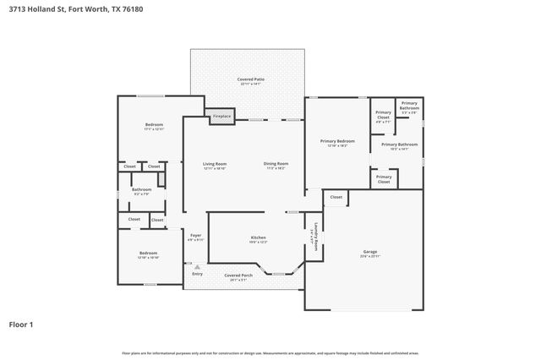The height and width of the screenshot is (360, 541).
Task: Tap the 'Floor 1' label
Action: click(22, 324)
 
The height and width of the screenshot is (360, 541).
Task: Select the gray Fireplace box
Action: click(221, 116)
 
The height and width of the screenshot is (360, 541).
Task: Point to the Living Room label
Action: click(214, 165)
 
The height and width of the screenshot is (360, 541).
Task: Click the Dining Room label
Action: click(276, 165)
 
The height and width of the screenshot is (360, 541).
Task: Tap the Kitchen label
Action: click(258, 239)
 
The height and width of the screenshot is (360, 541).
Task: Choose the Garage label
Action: click(370, 253)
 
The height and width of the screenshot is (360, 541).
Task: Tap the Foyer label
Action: click(195, 237)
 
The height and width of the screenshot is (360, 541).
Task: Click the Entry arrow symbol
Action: click(197, 267)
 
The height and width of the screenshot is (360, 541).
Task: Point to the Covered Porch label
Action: click(238, 276)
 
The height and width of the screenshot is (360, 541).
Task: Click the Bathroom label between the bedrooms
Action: click(141, 191)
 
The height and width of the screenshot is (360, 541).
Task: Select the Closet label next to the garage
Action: click(336, 197)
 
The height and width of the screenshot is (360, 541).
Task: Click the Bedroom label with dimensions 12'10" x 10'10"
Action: click(148, 254)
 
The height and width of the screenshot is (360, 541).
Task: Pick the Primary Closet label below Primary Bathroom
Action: click(383, 179)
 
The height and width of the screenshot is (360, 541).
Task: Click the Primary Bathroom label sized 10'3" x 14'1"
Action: click(400, 145)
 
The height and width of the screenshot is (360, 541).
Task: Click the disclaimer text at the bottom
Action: click(270, 352)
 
